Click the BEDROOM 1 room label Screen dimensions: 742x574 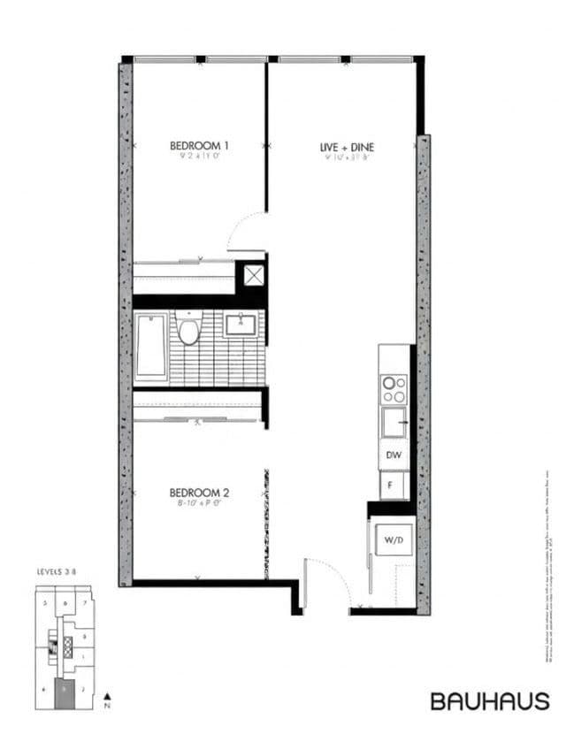[x=200, y=145]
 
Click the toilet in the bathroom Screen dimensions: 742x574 [x=188, y=329]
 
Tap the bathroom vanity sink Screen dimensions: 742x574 [x=240, y=325]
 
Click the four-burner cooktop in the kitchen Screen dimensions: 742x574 [x=394, y=389]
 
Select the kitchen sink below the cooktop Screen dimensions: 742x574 [x=394, y=423]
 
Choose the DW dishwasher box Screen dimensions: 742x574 [x=394, y=455]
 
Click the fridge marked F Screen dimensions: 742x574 [x=389, y=486]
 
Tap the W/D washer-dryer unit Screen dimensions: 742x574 [x=391, y=538]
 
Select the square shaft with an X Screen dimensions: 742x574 [x=254, y=275]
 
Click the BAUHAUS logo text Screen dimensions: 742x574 [x=490, y=701]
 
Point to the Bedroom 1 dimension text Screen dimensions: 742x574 [x=200, y=157]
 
